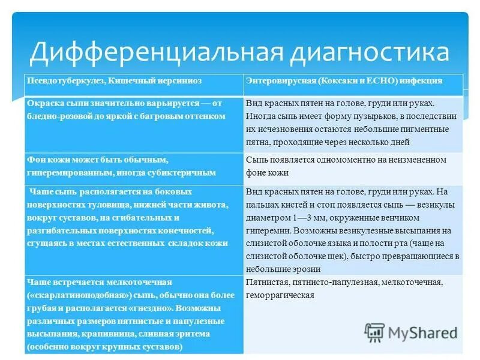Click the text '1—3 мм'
305,217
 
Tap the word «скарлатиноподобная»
68,295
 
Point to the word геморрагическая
280,295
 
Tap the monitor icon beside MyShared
375,331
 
